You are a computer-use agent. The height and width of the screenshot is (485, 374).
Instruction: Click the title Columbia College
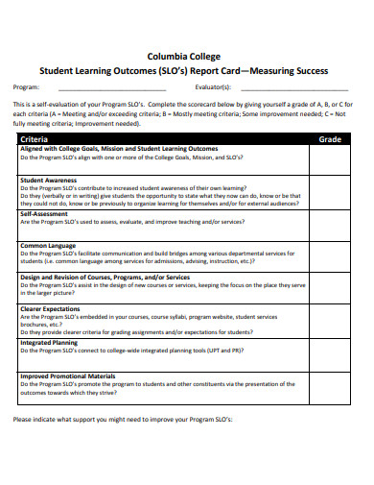(x=186, y=55)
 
